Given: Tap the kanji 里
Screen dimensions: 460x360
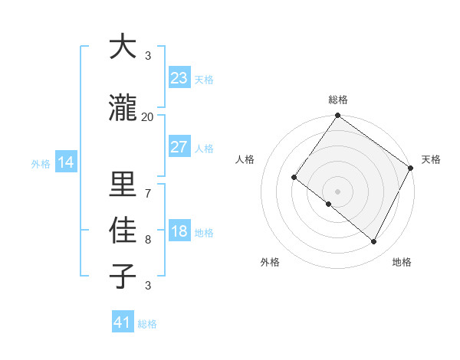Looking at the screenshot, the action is point(123,185).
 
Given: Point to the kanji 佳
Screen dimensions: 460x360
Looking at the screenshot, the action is point(123,231).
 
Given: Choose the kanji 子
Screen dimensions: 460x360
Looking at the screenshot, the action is point(123,276).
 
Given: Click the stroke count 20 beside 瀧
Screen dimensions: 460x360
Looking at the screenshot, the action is point(147,117).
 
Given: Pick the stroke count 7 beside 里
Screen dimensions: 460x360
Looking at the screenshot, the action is point(147,194).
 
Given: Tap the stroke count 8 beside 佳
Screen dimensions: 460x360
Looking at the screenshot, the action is point(147,240).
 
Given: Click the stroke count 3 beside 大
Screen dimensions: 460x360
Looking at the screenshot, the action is point(147,56).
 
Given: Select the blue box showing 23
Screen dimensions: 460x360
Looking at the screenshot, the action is point(179,78).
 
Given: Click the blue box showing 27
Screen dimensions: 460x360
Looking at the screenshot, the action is point(179,147).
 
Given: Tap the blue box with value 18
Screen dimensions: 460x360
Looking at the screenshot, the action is point(179,231).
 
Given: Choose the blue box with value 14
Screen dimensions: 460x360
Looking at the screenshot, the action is point(65,162).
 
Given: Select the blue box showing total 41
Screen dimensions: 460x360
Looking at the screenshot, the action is point(123,322).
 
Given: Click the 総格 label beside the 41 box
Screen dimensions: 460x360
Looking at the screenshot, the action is point(147,324).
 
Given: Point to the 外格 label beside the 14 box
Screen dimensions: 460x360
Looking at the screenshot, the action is point(41,163).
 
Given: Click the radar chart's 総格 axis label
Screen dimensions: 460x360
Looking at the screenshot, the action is point(337,100).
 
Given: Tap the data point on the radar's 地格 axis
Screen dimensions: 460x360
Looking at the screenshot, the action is point(374,242).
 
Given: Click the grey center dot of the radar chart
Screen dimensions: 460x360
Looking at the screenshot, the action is point(337,191).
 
